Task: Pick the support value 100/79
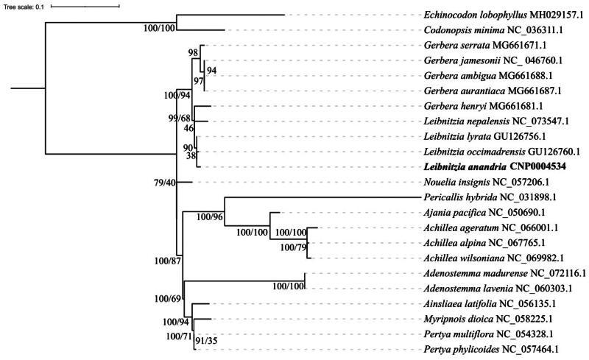pos(288,248)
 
